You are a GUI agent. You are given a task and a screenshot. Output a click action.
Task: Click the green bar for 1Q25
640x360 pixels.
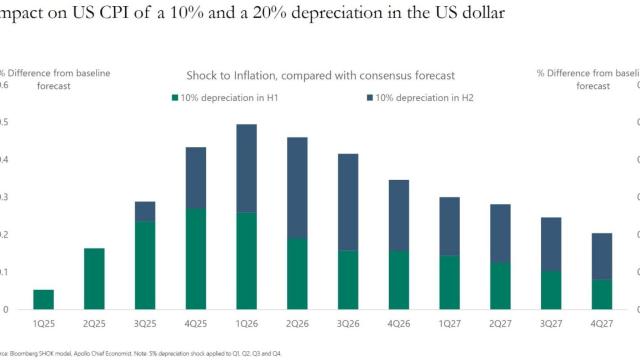click(x=43, y=299)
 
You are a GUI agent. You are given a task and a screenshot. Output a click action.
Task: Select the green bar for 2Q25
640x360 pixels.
click(x=94, y=278)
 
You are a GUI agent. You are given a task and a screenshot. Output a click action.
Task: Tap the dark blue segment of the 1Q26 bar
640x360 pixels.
click(x=247, y=168)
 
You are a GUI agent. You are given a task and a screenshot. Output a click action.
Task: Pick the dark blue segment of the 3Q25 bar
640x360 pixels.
click(x=145, y=210)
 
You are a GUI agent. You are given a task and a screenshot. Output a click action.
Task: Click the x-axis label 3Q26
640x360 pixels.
click(x=348, y=324)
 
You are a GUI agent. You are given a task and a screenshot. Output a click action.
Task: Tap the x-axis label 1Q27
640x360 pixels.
click(x=450, y=324)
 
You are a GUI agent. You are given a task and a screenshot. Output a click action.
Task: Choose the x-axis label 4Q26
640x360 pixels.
click(x=399, y=324)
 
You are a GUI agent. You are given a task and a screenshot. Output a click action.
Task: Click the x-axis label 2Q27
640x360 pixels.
click(x=501, y=324)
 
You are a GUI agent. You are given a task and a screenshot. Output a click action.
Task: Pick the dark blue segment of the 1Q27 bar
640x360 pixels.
click(x=450, y=226)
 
